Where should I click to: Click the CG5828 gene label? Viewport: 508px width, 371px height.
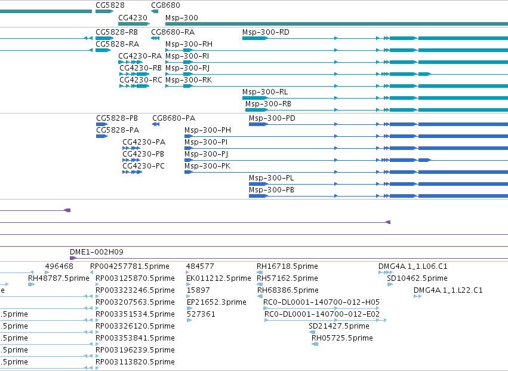click(110, 5)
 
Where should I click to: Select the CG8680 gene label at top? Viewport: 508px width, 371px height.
click(165, 5)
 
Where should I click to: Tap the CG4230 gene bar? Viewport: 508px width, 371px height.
click(134, 24)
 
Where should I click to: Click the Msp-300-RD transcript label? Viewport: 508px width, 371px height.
click(266, 32)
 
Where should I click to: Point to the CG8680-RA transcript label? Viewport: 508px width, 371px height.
click(173, 32)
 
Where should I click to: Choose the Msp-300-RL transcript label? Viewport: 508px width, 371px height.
click(265, 92)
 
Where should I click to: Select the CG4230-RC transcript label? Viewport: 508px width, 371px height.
click(141, 80)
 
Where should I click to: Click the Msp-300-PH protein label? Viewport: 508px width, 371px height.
click(208, 130)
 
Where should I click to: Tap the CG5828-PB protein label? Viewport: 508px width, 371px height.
click(117, 118)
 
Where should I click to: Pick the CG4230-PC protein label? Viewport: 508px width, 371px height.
click(143, 166)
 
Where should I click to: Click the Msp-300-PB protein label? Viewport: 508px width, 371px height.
click(272, 190)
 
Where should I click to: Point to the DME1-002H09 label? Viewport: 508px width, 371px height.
click(97, 252)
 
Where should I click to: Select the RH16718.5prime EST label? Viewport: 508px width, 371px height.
click(287, 266)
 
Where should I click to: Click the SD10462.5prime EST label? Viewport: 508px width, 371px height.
click(417, 278)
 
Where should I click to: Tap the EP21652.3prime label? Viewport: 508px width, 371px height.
click(217, 302)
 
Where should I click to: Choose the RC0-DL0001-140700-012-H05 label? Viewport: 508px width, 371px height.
click(321, 302)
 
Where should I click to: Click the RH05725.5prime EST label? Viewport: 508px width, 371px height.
click(342, 338)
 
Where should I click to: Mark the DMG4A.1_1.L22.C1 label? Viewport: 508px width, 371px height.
click(448, 290)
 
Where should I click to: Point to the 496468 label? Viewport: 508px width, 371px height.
click(59, 266)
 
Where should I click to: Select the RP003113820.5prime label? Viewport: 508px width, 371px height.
click(135, 362)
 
